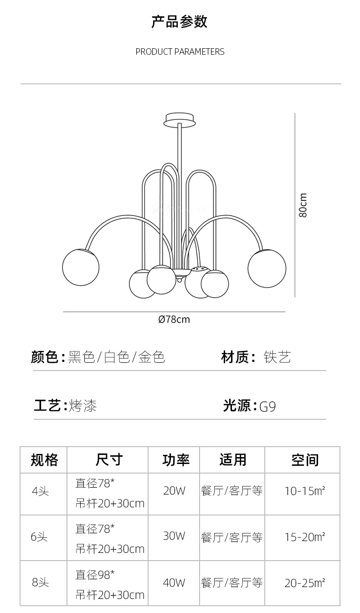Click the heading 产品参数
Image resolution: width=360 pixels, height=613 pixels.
click(180, 22)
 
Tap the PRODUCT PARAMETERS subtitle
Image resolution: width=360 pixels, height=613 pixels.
click(180, 52)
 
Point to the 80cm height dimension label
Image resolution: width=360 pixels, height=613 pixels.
click(303, 205)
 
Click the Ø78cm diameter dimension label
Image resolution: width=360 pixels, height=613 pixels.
click(174, 319)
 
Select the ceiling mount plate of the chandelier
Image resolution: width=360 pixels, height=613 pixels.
click(180, 120)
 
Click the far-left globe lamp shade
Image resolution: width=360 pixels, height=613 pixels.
click(81, 268)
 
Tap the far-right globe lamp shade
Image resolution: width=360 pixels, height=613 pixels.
click(267, 269)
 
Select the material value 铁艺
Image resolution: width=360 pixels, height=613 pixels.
click(277, 357)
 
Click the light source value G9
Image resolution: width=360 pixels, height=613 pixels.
click(268, 406)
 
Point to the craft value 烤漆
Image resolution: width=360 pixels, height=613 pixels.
click(83, 405)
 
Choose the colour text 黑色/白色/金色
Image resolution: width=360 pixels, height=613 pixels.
click(116, 357)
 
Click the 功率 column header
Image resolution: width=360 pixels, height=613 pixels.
click(176, 460)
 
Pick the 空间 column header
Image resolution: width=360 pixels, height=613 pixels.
click(304, 460)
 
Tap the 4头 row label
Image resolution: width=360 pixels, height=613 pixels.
click(40, 491)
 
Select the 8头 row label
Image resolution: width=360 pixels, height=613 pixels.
click(40, 582)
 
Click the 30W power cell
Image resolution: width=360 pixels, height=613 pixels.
click(174, 536)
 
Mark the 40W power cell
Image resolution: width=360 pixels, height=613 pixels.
click(174, 582)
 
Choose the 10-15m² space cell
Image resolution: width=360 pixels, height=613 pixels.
click(304, 491)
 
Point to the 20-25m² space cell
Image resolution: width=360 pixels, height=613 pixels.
click(304, 583)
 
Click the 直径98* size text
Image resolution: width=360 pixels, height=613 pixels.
click(95, 575)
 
